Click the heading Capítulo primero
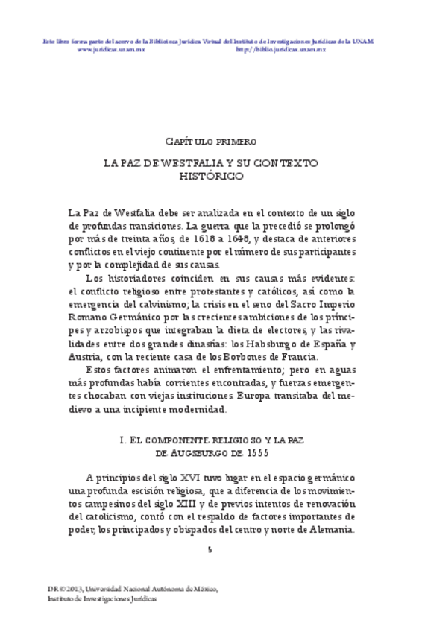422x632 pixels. [x=211, y=141]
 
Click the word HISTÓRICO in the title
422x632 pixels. [x=211, y=176]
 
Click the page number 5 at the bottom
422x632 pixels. [x=210, y=549]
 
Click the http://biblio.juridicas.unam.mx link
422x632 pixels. [x=281, y=49]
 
